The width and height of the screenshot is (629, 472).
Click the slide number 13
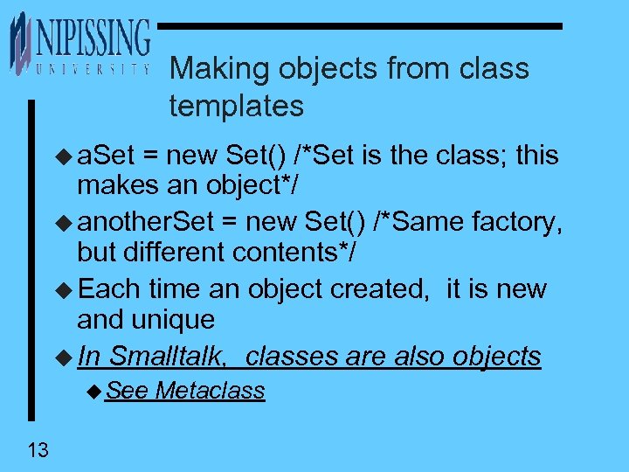[x=38, y=451]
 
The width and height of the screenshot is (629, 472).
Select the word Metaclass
[x=210, y=391]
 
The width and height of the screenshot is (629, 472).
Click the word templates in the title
[x=237, y=107]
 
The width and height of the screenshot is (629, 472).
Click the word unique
[x=169, y=319]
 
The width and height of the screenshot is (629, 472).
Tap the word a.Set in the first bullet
[x=106, y=156]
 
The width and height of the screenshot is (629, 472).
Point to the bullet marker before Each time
[x=66, y=289]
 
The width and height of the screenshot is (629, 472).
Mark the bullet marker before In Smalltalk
[x=66, y=357]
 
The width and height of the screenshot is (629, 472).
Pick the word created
[x=365, y=288]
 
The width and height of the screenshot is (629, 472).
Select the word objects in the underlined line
[x=497, y=357]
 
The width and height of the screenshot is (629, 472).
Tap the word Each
[x=110, y=288]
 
